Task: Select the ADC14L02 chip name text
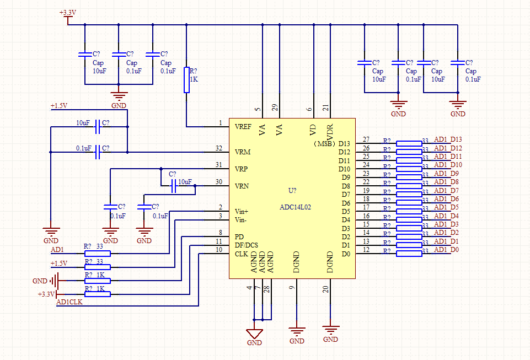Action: click(295, 207)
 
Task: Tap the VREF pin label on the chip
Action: click(243, 127)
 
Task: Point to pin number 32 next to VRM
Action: click(218, 148)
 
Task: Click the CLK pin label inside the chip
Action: click(241, 254)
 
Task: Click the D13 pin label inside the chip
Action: click(344, 144)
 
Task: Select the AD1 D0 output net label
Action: click(447, 250)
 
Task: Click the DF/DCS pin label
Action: click(246, 245)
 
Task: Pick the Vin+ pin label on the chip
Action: click(242, 211)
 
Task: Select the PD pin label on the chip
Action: click(239, 237)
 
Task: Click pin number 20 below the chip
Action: click(325, 288)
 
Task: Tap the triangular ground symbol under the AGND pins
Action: click(254, 334)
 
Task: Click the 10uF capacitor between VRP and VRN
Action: click(174, 186)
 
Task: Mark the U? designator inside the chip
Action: click(292, 191)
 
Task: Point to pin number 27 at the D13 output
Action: click(366, 139)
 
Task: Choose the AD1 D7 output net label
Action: click(447, 191)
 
